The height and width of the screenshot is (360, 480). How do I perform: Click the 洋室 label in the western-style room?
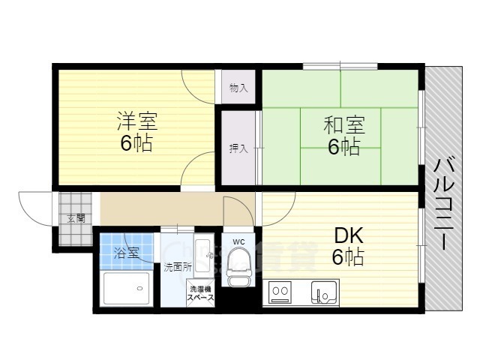(x=137, y=121)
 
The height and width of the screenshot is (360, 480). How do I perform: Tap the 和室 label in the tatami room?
(x=344, y=126)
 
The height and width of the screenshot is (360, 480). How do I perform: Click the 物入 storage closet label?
(x=238, y=88)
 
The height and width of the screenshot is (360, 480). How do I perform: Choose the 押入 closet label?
(x=238, y=148)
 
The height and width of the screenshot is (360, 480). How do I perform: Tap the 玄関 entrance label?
(x=76, y=218)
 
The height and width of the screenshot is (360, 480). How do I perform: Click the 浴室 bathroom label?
(x=127, y=253)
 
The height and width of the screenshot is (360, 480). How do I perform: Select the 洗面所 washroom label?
(x=178, y=267)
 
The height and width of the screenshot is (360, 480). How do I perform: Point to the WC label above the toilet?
(x=238, y=241)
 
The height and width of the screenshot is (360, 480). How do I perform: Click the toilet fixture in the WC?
(x=240, y=266)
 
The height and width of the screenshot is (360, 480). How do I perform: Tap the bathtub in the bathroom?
(x=127, y=288)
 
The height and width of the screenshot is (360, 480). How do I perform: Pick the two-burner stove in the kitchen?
(x=280, y=292)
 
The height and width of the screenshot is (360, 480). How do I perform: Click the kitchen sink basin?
(x=324, y=292)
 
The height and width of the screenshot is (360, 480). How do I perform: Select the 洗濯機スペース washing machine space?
(x=200, y=293)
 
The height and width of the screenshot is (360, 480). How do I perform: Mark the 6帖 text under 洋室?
(x=136, y=143)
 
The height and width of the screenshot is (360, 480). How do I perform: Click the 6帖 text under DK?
(x=348, y=256)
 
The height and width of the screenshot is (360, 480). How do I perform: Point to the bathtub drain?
(x=140, y=288)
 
